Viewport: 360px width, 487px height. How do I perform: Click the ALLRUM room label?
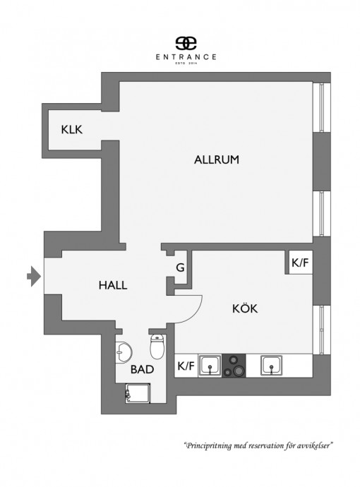[x=217, y=160]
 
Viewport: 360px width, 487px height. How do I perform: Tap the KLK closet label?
[x=72, y=130]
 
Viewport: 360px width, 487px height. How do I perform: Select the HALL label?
[x=113, y=285]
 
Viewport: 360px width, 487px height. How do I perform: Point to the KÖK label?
[x=245, y=308]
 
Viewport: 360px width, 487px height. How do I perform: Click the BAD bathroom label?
[x=143, y=369]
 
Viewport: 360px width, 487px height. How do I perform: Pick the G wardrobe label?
[x=180, y=267]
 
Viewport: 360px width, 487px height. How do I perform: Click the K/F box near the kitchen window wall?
[x=301, y=263]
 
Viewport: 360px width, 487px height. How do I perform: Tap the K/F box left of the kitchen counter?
[x=186, y=366]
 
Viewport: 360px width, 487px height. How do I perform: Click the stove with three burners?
[x=234, y=366]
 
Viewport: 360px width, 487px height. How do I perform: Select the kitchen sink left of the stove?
[x=210, y=366]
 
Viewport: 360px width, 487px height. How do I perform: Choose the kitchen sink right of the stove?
[x=271, y=366]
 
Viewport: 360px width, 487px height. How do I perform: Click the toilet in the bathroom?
[x=157, y=347]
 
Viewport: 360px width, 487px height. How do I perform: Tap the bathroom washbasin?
[x=124, y=352]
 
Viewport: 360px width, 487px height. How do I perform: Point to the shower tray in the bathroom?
[x=138, y=394]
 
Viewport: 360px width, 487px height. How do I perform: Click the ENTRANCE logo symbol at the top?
[x=186, y=43]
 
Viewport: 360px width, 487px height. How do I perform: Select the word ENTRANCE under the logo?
[x=186, y=57]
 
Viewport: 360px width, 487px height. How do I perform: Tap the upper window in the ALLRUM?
[x=321, y=107]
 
